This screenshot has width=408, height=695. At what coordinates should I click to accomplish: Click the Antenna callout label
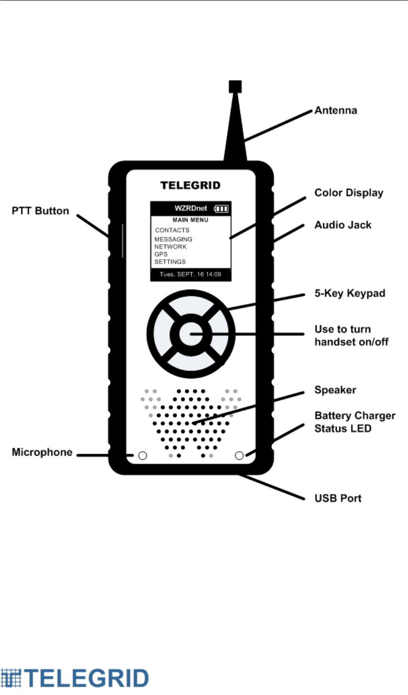point(335,111)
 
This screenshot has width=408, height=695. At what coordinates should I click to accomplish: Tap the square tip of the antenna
point(235,87)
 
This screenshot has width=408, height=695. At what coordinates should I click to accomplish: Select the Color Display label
point(349,193)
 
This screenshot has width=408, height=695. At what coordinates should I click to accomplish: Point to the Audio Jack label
point(343,225)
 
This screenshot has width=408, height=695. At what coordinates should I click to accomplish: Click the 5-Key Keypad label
point(350,294)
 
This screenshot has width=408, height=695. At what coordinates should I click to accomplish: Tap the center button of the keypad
point(191,334)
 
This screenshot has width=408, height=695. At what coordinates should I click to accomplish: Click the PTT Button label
point(41,211)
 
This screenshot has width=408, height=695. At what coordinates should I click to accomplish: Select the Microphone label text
point(42,453)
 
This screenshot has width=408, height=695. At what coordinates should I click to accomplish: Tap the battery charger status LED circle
point(239,455)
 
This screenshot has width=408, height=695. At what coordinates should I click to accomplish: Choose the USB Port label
point(338,498)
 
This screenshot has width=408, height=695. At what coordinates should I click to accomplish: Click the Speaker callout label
point(335,390)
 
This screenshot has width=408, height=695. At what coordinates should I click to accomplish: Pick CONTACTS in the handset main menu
point(172,230)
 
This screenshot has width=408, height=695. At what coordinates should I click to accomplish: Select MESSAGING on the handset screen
point(173,239)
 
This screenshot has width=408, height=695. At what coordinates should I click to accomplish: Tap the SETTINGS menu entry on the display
point(170,262)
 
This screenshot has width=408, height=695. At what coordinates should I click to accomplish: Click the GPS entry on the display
point(161,254)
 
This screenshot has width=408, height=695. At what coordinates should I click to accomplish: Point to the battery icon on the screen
point(221,209)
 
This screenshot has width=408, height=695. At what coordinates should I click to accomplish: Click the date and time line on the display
point(190,275)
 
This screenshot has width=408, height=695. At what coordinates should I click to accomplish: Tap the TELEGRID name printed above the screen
point(190,186)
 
